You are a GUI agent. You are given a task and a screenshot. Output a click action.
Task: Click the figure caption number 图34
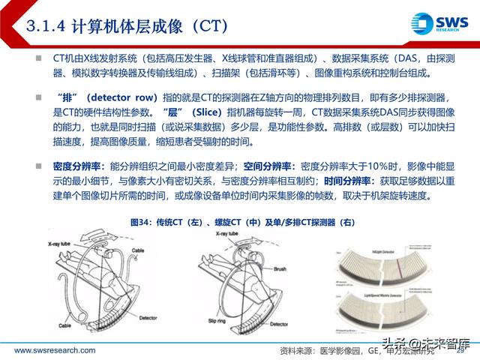[139, 222]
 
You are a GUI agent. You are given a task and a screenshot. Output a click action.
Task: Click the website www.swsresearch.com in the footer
[53, 350]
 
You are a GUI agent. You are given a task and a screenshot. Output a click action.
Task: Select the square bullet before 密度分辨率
[37, 164]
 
